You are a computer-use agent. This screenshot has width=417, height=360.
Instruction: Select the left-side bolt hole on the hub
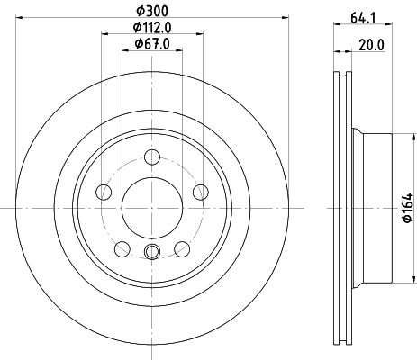pyautogui.click(x=104, y=192)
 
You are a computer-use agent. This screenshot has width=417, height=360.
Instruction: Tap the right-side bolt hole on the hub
pyautogui.click(x=200, y=190)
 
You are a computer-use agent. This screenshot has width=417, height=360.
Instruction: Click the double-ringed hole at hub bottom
pyautogui.click(x=151, y=251)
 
